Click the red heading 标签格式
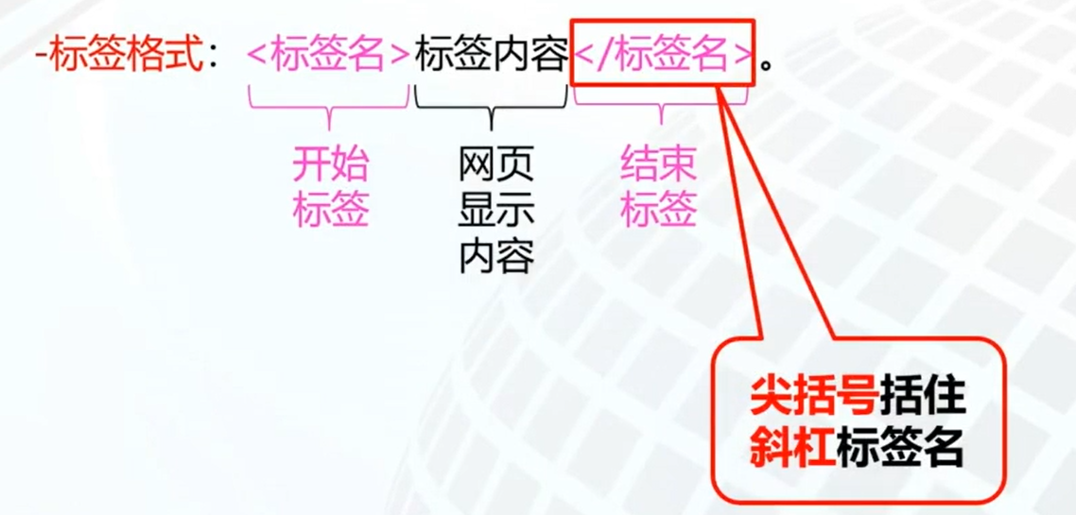[x=126, y=58]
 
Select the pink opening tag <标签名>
[x=328, y=58]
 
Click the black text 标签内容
[x=491, y=58]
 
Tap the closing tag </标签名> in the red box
[x=663, y=58]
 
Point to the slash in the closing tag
[x=605, y=58]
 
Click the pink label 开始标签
[x=329, y=188]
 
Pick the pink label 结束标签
[x=659, y=188]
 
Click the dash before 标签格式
[x=39, y=59]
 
